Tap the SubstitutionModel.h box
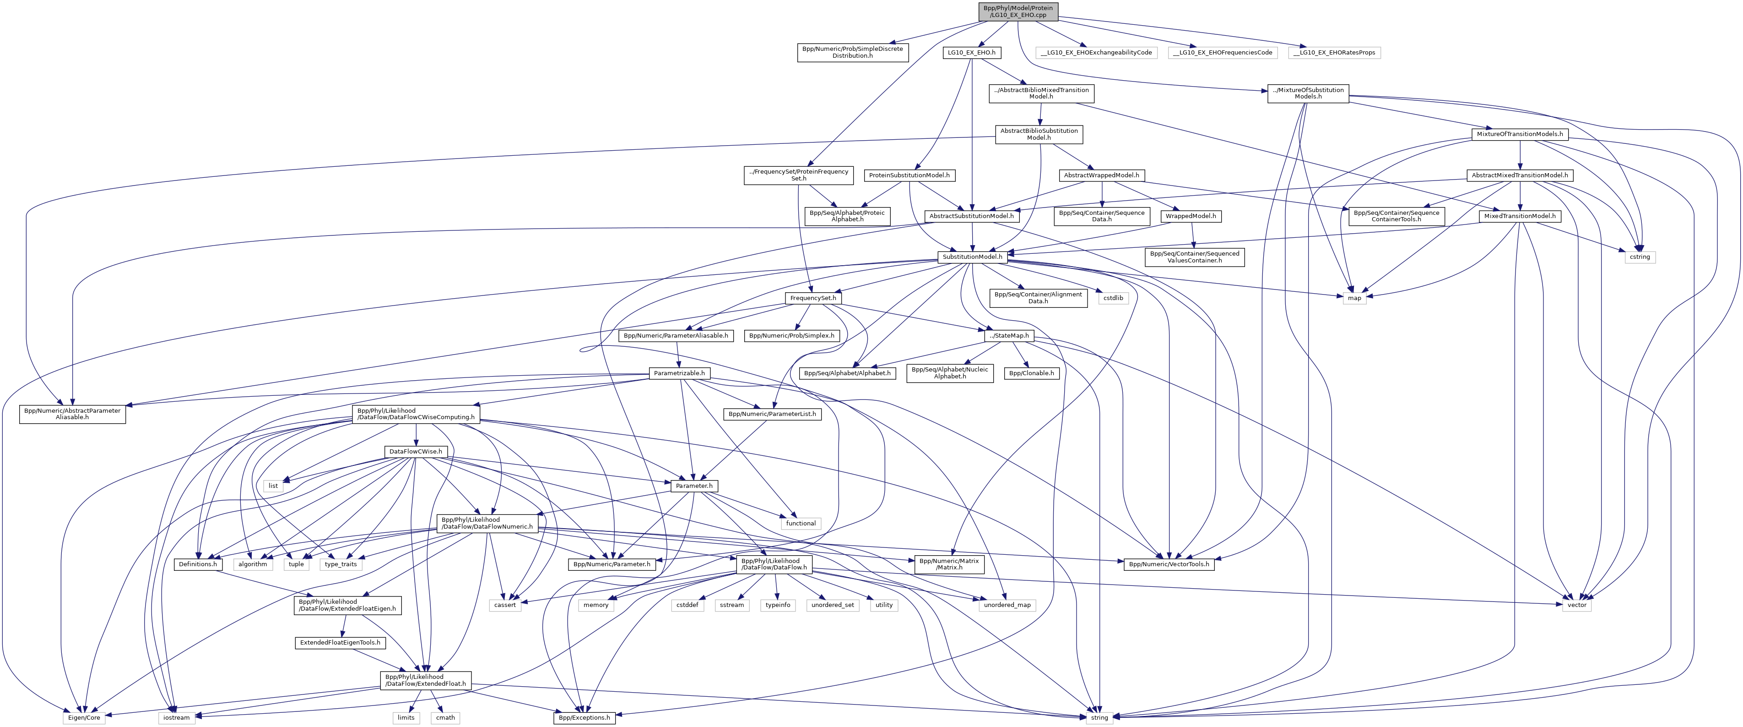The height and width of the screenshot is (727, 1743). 972,257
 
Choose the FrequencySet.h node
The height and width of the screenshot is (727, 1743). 812,298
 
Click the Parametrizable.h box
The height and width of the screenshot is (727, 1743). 679,373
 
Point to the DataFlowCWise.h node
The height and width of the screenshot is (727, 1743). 416,452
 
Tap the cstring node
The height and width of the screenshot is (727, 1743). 1640,257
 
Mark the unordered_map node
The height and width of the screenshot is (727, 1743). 1007,605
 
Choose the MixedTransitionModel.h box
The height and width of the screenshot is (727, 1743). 1520,216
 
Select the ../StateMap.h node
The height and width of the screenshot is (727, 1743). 1008,336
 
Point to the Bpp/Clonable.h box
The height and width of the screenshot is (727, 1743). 1031,373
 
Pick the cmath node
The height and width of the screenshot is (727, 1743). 445,717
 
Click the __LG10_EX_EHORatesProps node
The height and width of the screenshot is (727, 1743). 1334,52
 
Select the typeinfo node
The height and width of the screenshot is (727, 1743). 778,605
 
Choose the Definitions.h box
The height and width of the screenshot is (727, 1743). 198,564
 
